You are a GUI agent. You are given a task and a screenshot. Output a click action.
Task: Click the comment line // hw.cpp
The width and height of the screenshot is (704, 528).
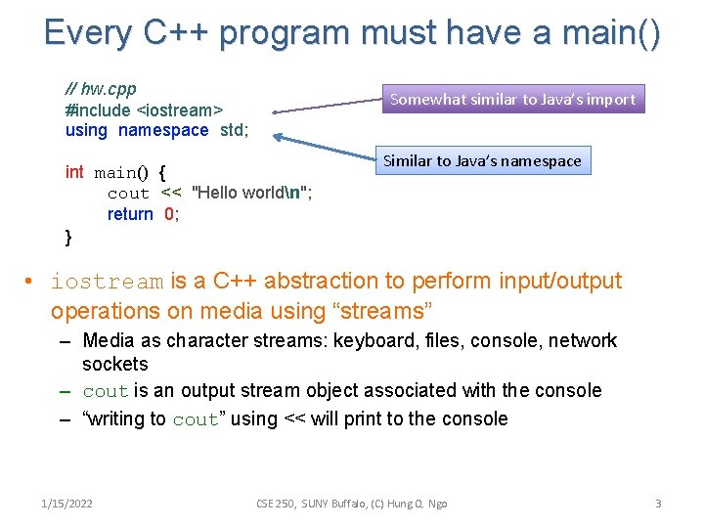pos(101,89)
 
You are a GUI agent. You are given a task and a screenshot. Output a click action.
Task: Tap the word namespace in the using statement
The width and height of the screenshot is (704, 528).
pos(163,130)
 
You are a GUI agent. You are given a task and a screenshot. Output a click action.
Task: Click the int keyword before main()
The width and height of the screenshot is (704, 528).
pos(74,172)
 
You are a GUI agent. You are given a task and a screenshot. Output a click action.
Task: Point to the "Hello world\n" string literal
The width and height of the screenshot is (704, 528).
pos(252,193)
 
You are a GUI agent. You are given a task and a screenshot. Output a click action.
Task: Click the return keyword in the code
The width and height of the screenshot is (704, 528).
pos(130,214)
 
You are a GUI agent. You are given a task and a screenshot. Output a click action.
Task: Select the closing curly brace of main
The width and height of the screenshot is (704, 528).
pos(68,237)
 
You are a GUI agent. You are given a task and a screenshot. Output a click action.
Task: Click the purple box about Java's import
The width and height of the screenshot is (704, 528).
pos(512,99)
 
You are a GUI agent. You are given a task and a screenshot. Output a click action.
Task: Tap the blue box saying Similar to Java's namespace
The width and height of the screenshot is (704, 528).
pos(481,160)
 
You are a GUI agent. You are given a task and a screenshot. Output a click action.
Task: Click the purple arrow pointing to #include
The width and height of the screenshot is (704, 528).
pos(323,106)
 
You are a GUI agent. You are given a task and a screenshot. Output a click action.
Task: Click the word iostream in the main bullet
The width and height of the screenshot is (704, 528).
pos(107,282)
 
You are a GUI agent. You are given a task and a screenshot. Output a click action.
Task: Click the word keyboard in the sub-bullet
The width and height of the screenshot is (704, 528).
pos(370,341)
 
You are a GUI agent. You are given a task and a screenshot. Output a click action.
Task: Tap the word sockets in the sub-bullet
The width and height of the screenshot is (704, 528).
pos(115,365)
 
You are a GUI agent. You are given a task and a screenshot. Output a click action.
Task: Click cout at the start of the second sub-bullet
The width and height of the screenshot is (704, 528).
pos(106,391)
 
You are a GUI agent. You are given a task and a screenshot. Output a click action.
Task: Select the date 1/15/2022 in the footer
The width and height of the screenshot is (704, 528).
pos(67,503)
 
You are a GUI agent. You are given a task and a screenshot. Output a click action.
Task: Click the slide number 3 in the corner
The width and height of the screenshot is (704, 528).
pos(658,503)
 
